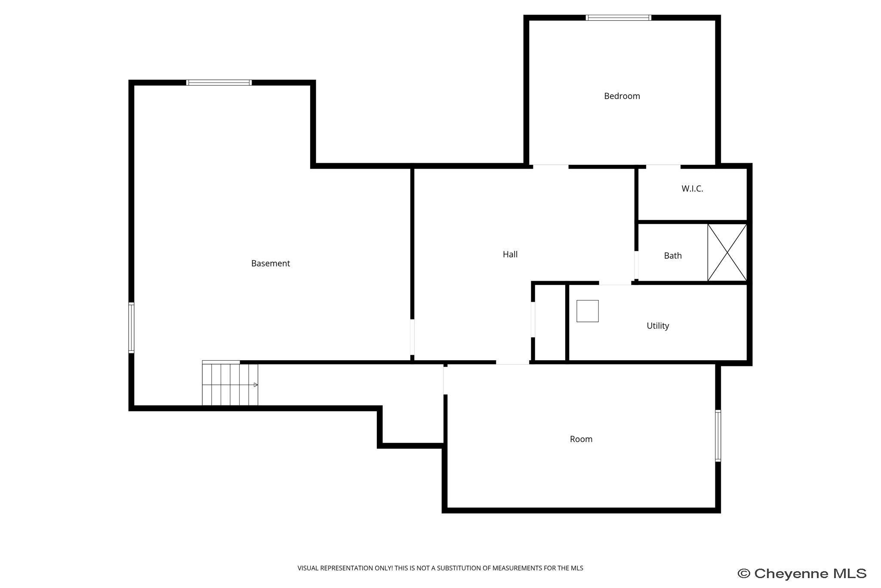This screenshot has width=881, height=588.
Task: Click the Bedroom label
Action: [x=622, y=96]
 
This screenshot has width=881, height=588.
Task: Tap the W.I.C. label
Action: [x=692, y=189]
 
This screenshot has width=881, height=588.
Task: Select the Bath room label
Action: [x=672, y=256]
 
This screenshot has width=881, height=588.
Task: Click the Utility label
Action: [x=658, y=326]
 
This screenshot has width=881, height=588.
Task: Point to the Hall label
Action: [x=510, y=254]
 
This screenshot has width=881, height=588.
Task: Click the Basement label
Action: [x=270, y=263]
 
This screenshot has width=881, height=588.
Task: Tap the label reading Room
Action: [x=581, y=439]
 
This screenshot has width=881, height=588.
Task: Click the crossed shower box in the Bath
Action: [x=727, y=253]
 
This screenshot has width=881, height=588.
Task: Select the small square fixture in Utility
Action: [x=587, y=311]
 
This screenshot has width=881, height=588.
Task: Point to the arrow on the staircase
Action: [x=255, y=385]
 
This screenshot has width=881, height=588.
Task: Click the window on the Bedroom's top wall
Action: [x=618, y=18]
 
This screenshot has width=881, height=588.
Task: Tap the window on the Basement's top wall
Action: [x=219, y=83]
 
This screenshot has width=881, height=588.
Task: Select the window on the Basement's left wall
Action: [x=131, y=328]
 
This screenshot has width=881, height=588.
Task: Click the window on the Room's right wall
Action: [x=718, y=436]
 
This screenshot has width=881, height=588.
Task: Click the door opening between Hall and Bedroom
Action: [x=551, y=166]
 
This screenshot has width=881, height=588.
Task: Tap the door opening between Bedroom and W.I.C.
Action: [x=663, y=166]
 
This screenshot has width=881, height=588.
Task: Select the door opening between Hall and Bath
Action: [x=636, y=265]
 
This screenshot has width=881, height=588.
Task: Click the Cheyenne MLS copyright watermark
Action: [x=802, y=574]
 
